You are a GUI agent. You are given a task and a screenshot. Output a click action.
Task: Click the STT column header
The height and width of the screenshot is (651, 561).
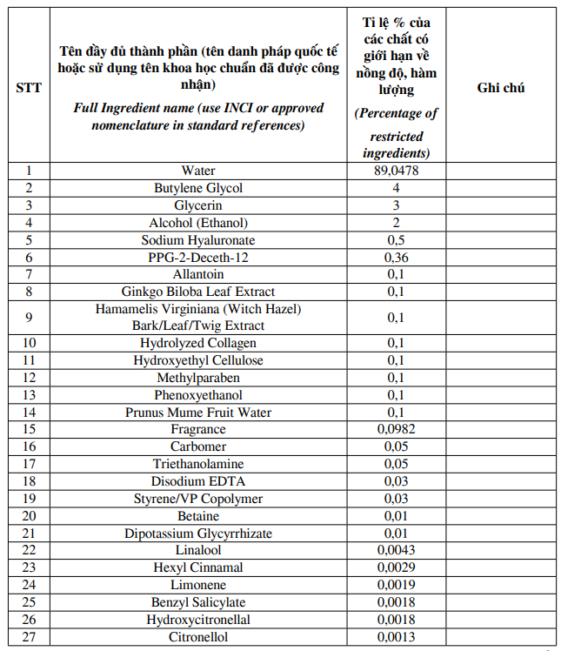29,88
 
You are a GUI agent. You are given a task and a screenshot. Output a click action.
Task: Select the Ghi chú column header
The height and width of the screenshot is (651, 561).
501,88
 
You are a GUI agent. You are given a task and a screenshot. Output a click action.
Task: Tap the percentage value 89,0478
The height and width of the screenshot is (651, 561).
396,171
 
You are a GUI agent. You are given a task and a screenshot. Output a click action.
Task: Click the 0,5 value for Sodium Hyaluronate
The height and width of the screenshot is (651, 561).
396,240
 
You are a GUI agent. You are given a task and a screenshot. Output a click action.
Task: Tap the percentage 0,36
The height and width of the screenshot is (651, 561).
396,258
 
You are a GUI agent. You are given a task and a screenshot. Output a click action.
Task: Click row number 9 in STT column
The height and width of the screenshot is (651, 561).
29,318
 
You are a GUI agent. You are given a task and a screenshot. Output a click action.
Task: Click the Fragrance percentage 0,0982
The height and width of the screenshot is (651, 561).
396,429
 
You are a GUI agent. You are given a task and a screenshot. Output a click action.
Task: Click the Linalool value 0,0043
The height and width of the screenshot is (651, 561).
396,550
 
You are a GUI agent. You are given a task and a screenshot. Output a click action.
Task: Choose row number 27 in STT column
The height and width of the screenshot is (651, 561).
29,637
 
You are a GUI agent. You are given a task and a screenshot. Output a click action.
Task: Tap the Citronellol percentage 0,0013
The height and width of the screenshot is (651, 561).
396,637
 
